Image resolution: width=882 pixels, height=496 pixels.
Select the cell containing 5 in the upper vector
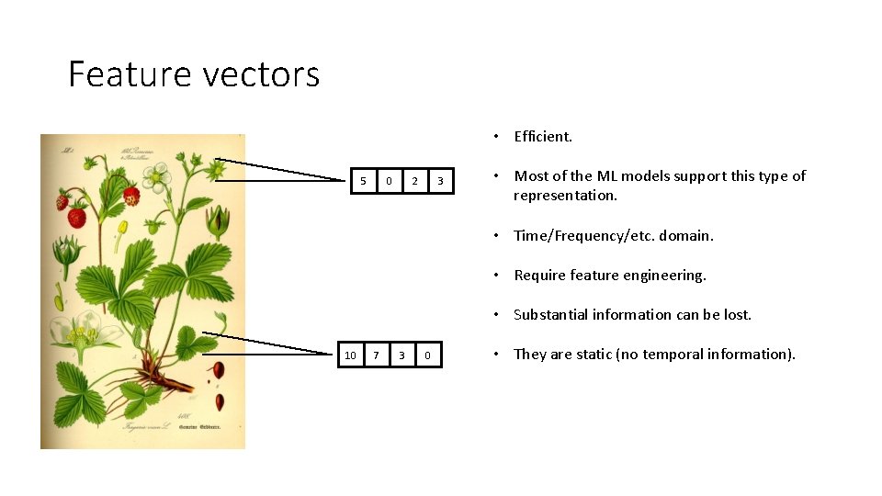pos(363,181)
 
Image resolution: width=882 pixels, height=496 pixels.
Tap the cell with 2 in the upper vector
pos(414,181)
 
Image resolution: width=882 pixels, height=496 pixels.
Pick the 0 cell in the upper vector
pos(389,181)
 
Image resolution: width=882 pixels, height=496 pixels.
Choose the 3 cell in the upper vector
pos(440,181)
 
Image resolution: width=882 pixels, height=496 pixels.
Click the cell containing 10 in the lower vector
pos(350,355)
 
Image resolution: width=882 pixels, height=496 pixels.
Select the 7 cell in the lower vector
pos(376,355)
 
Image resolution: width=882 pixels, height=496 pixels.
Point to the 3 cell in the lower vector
pos(401,355)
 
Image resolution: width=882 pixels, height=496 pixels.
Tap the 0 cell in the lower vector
pos(427,355)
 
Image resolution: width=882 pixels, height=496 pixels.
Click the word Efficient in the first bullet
pos(542,137)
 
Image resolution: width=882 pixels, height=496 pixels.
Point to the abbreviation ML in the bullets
pos(607,176)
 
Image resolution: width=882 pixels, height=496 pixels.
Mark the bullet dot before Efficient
pos(495,137)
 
